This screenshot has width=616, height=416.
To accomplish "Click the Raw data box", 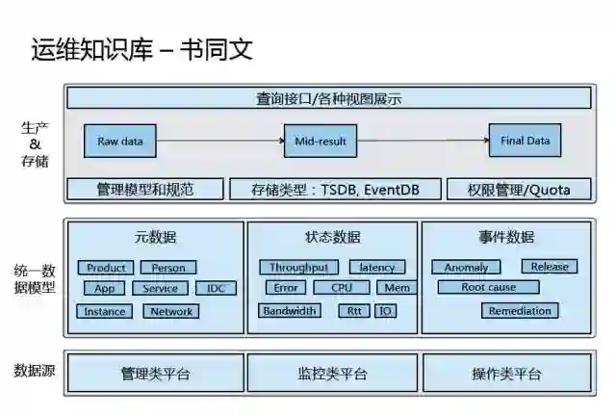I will tap(120, 142).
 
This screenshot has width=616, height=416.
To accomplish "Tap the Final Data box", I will tap(525, 141).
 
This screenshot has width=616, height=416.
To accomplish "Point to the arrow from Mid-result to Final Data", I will tap(423, 142).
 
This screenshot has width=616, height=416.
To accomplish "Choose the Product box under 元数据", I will tap(106, 268).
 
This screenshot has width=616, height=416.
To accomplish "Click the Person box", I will tap(168, 268).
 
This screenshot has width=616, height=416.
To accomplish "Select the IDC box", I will tap(216, 288).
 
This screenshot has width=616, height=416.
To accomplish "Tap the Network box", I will tap(171, 311).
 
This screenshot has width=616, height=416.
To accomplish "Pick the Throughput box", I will tap(298, 267).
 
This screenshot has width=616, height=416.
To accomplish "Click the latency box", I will tap(376, 267).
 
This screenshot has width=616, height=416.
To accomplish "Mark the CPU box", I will tap(342, 287).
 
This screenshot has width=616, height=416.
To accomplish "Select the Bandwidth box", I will tap(290, 310).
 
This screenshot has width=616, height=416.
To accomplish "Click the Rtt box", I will tap(354, 310).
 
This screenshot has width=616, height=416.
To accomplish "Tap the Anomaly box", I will tap(466, 267).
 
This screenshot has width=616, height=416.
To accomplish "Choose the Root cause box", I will tap(488, 287).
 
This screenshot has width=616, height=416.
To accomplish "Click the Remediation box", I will tap(520, 310).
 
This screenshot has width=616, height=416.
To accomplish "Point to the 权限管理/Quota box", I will tap(519, 189).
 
